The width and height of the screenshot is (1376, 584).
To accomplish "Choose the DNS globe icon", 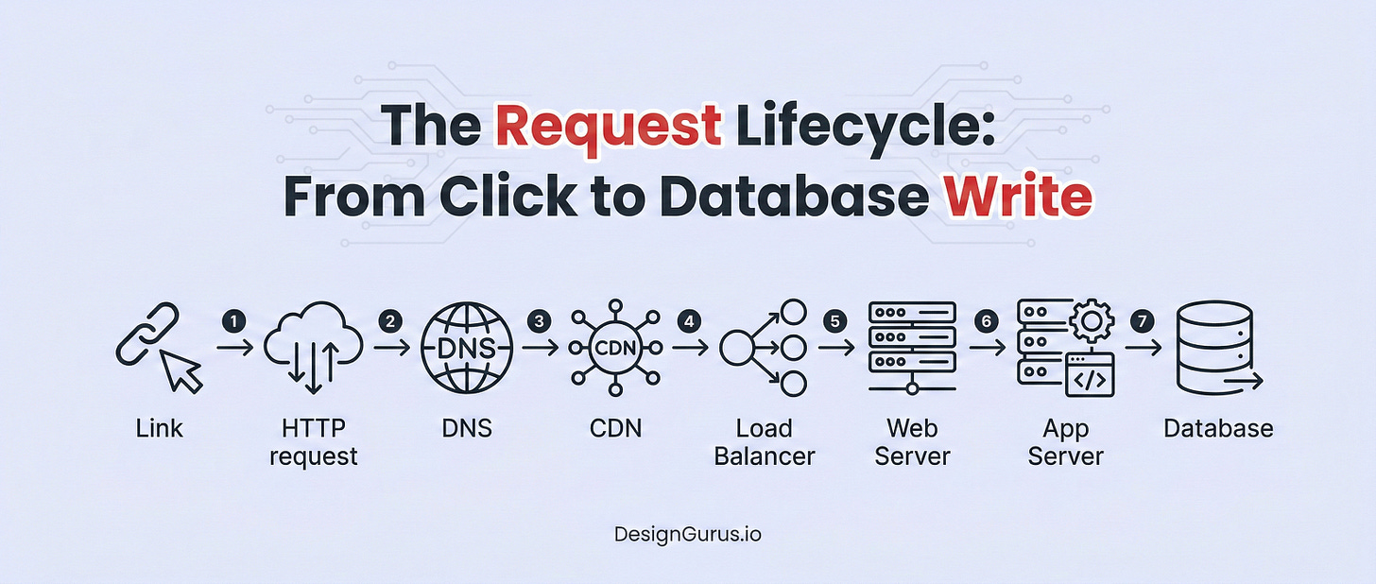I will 466,348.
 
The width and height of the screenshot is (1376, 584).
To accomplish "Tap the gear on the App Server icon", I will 1092,322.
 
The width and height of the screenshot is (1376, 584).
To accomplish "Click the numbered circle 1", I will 234,321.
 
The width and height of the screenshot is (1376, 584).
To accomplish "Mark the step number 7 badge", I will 1144,321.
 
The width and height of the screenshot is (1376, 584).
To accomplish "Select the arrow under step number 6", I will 988,348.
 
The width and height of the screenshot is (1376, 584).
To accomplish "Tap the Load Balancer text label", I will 764,442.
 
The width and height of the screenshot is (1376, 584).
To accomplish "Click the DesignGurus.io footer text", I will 687,534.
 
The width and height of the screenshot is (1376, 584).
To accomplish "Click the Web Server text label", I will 912,442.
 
